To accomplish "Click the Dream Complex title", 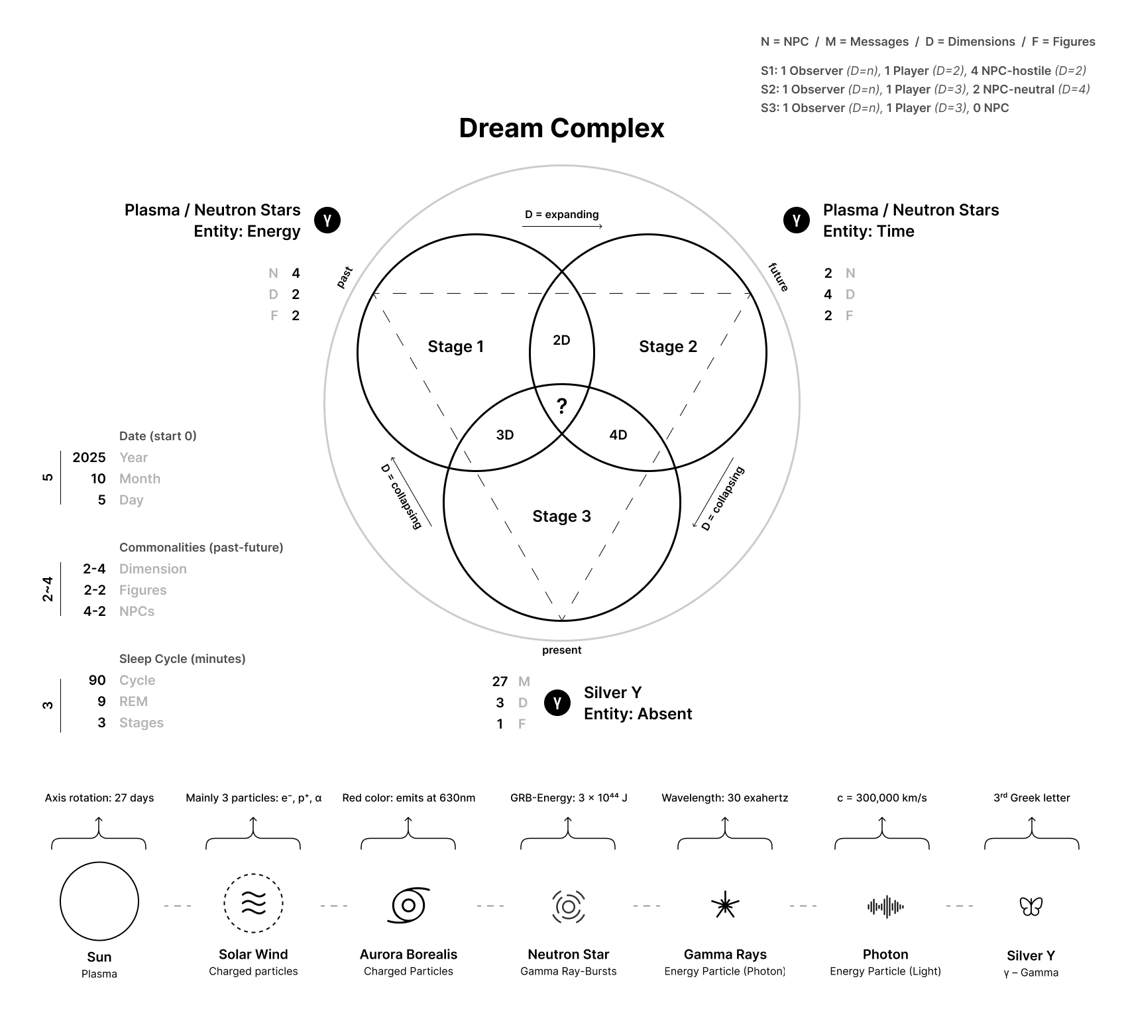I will click(561, 128).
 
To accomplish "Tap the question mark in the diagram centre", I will click(561, 406).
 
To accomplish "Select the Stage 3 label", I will click(561, 516).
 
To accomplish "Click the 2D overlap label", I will click(561, 340).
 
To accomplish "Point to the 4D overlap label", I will click(618, 435).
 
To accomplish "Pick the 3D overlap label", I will click(505, 435).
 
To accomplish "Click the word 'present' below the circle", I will click(561, 650).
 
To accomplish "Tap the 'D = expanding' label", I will click(561, 215).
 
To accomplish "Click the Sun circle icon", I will click(99, 901).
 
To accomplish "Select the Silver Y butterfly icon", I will click(1031, 906).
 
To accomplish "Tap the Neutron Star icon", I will click(569, 906).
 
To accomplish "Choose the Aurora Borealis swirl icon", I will click(408, 905).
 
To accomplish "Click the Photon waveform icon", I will click(885, 906).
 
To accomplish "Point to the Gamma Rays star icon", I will click(725, 905).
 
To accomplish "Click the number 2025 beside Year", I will click(89, 457).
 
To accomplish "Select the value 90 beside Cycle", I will click(97, 680).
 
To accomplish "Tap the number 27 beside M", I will click(500, 682).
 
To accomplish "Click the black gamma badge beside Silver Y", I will click(557, 703).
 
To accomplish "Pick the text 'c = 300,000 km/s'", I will click(881, 798).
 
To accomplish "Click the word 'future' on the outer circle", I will click(779, 277).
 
